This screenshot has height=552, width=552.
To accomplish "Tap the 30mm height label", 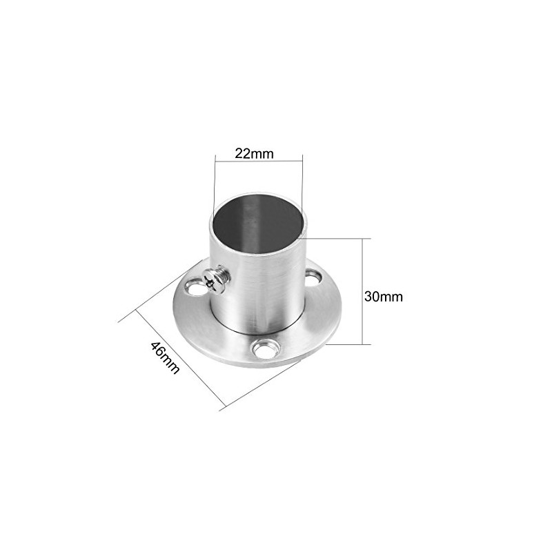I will pos(383,297).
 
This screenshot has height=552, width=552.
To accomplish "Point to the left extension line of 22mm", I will pos(215,183).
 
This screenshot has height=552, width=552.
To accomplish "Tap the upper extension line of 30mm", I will pos(338,238).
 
